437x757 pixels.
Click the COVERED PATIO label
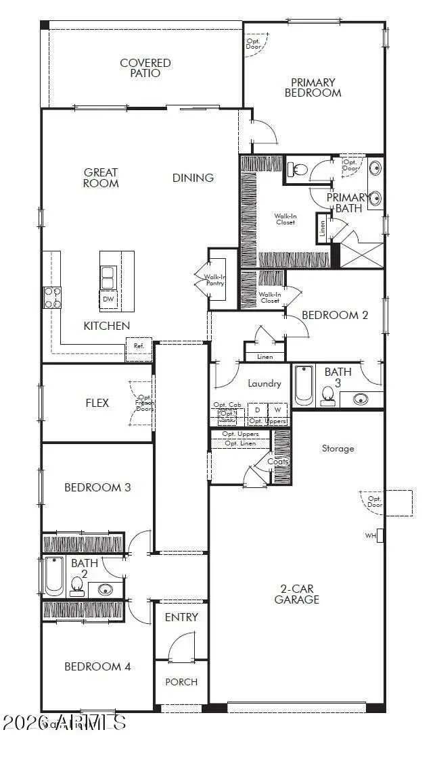tap(145, 68)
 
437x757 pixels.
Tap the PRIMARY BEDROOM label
tap(313, 88)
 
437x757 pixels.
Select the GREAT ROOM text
tap(101, 178)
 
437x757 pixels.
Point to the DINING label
tap(193, 178)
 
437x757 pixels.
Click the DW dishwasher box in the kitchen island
tap(108, 299)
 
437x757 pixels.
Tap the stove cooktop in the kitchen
tap(53, 297)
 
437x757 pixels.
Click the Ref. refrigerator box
tap(139, 346)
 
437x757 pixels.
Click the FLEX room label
tap(97, 403)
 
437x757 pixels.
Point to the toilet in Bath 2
tap(76, 585)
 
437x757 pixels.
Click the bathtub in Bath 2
tap(53, 576)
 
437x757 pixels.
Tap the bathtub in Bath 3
tap(304, 385)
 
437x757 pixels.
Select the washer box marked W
tap(277, 410)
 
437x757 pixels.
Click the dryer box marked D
tap(257, 410)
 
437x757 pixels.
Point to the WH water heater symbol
tap(379, 535)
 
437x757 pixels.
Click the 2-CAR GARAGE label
tap(296, 593)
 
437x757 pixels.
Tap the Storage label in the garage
tap(338, 448)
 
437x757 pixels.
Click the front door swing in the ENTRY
tap(181, 647)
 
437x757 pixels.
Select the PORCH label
tap(181, 681)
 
